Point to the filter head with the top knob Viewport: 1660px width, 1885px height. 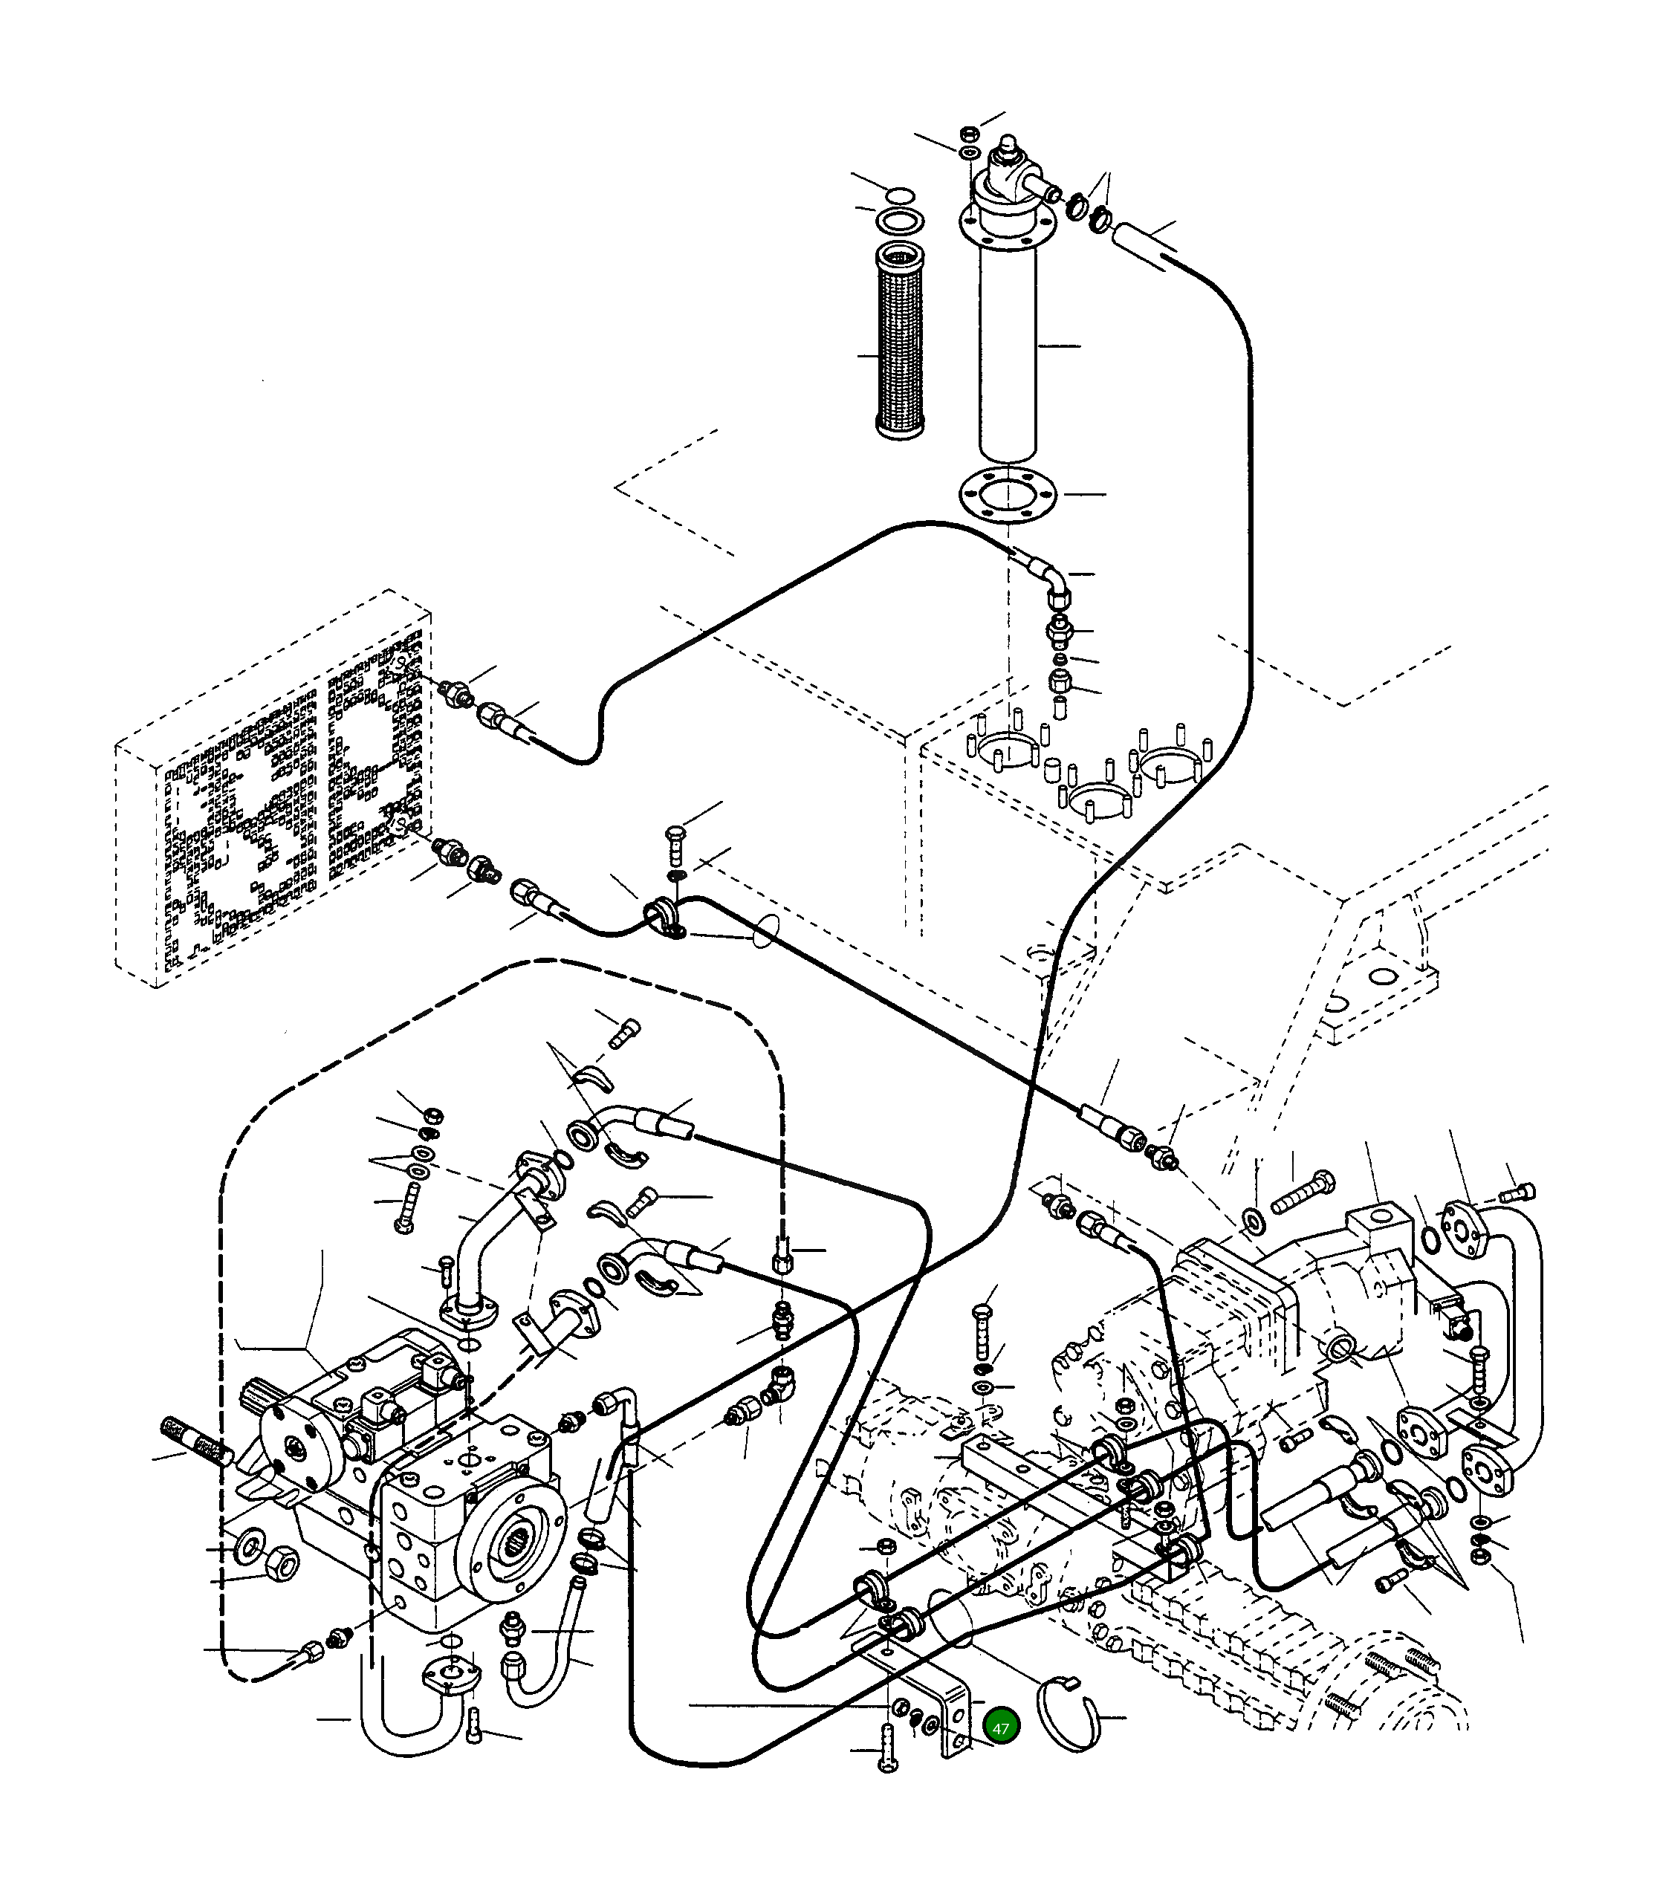[1009, 181]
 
